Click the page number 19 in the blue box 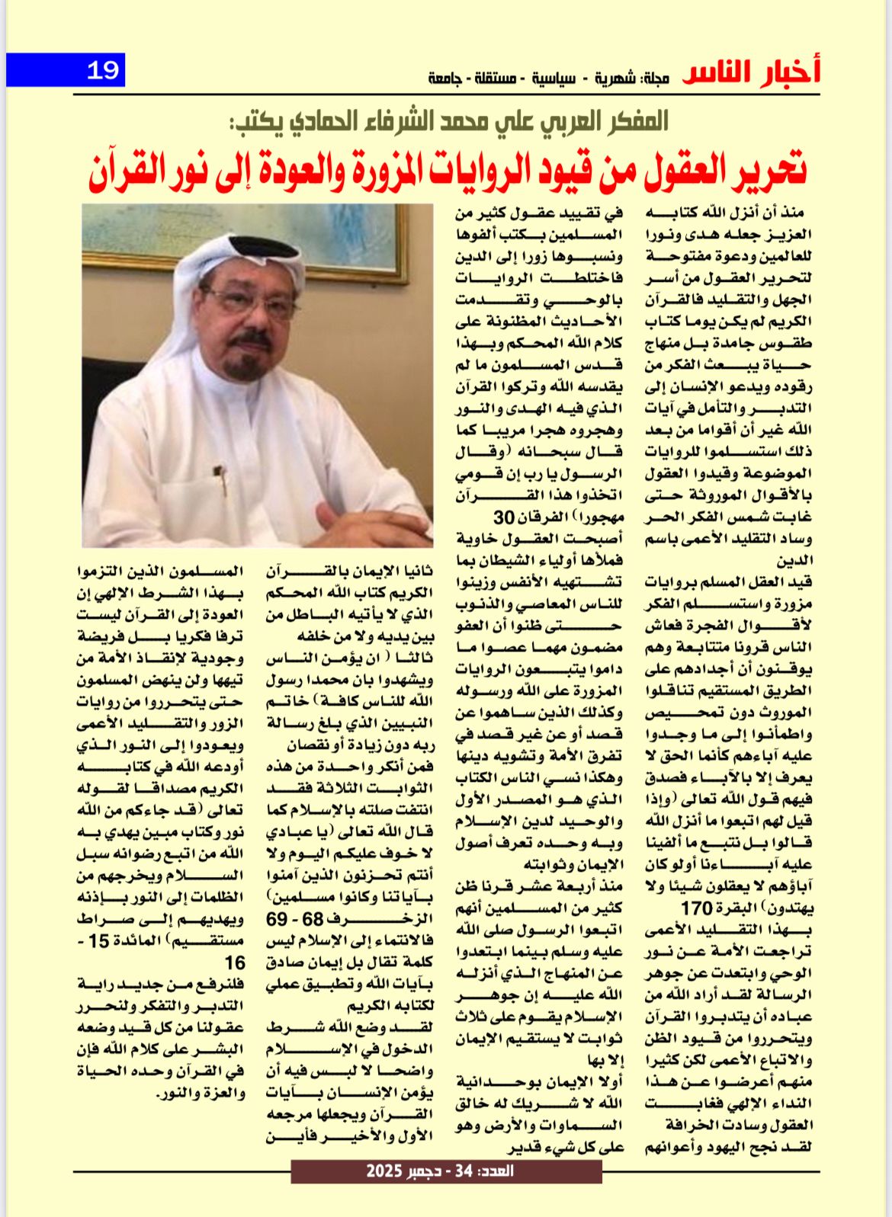coord(103,70)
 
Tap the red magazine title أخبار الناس coord(752,72)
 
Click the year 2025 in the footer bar coord(383,1171)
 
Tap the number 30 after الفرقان coord(505,517)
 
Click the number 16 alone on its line coord(233,962)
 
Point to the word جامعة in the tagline coord(444,78)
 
